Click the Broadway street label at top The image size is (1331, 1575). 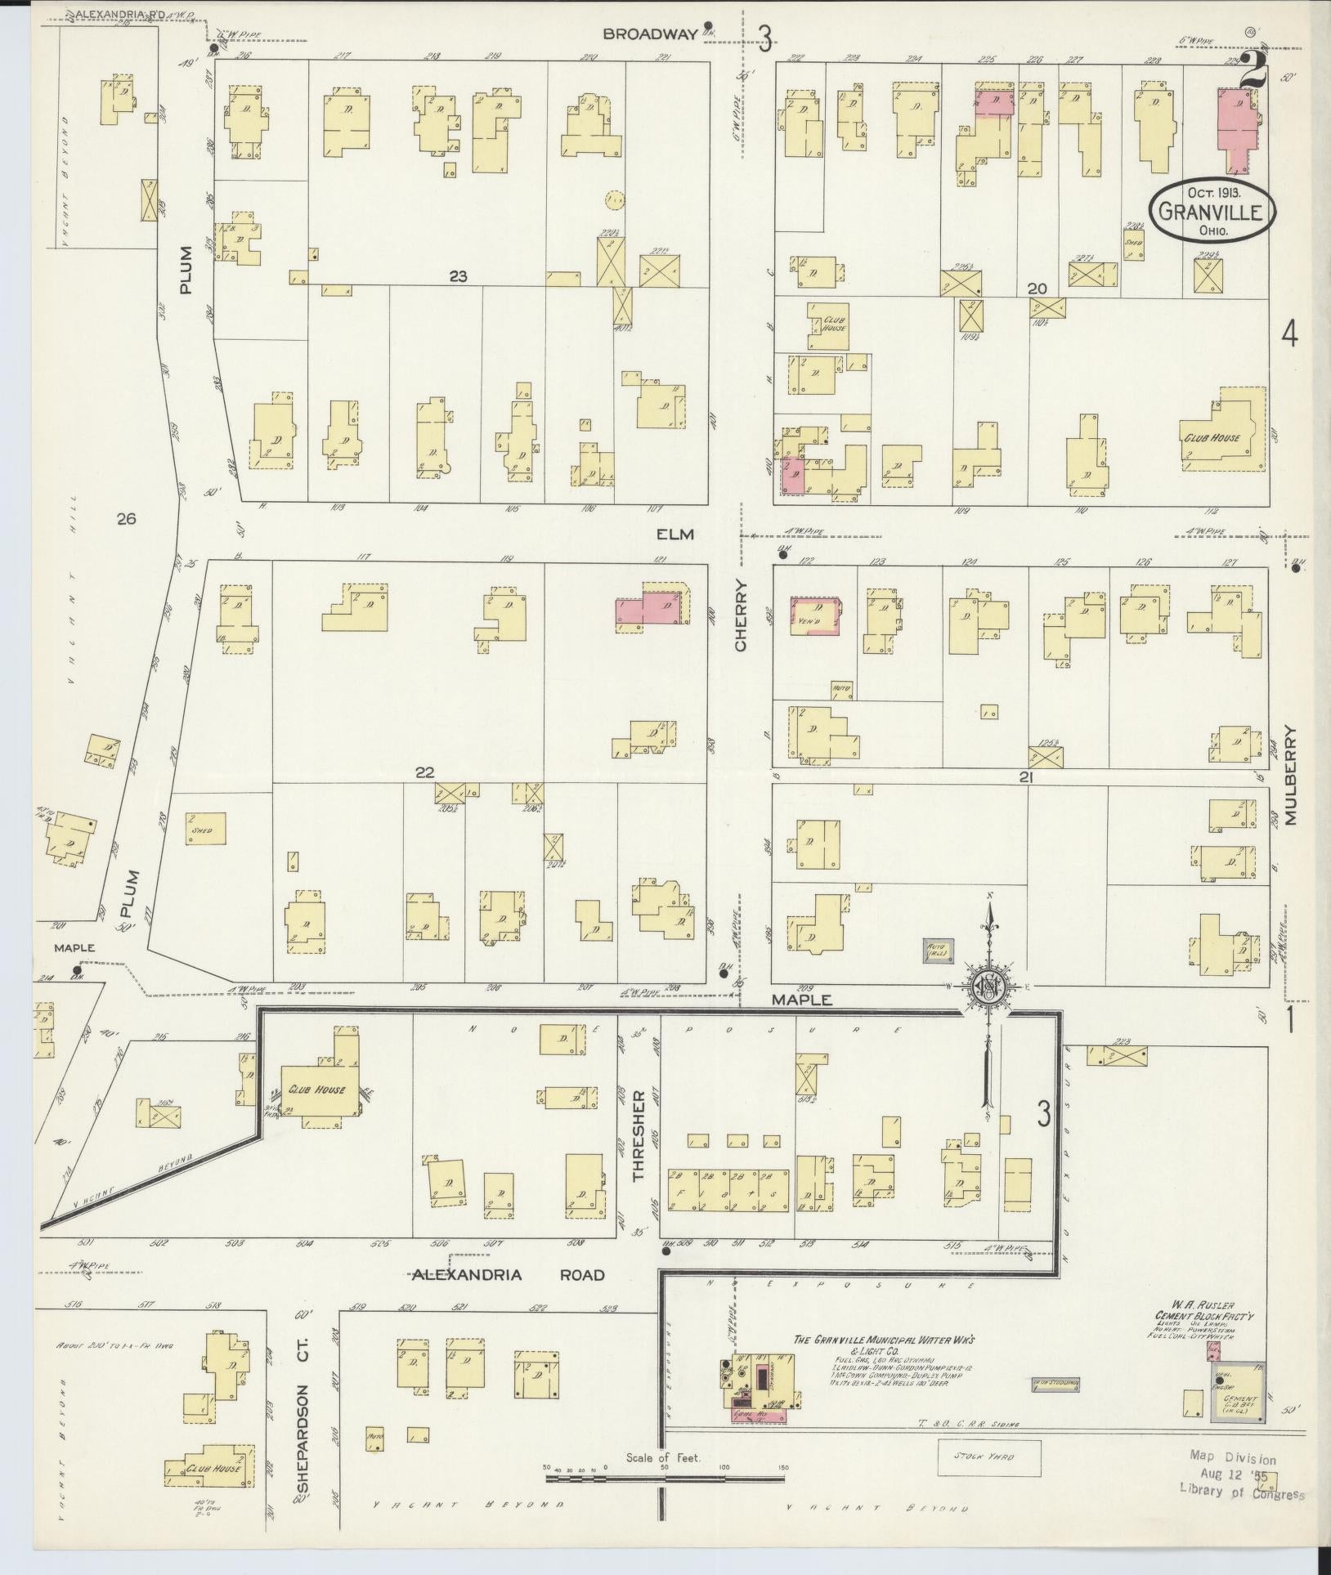[x=651, y=34]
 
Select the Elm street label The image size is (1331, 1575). [x=674, y=535]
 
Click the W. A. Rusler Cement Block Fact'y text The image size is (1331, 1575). [x=1199, y=1314]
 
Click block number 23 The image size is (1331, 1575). [x=458, y=276]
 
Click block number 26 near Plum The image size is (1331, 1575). [x=126, y=517]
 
